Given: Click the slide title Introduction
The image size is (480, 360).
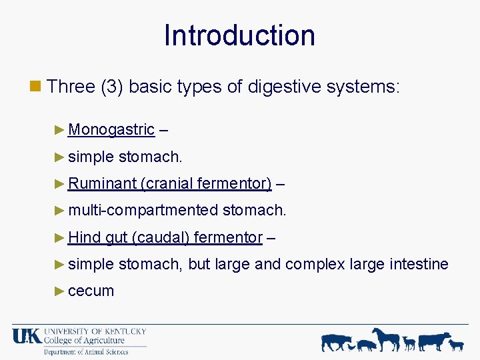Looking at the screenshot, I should point(239,35).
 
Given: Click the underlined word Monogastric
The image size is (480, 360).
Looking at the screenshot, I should point(111,129).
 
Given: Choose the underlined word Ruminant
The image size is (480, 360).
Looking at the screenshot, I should point(102,183).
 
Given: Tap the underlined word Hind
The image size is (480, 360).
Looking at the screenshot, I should point(84,237).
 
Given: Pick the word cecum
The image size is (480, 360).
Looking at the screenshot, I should point(91,291).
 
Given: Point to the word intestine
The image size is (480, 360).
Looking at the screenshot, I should point(417,264).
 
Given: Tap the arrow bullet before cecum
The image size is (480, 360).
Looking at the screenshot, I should point(61,291).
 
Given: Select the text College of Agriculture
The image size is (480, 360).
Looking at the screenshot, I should point(84,341).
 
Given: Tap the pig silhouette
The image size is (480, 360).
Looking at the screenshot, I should point(367,345).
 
